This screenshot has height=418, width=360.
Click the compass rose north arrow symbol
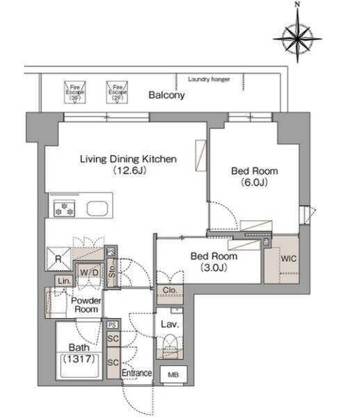pyautogui.click(x=297, y=35)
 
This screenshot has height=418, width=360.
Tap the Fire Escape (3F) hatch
pyautogui.click(x=75, y=92)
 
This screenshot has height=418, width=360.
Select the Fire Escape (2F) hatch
pyautogui.click(x=117, y=92)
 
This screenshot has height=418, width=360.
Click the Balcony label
pyautogui.click(x=167, y=95)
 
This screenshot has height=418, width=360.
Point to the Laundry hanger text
pyautogui.click(x=208, y=79)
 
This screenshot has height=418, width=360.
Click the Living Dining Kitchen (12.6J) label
pyautogui.click(x=129, y=165)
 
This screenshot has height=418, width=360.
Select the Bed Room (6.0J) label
pyautogui.click(x=254, y=176)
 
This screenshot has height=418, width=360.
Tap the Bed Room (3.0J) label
pyautogui.click(x=214, y=262)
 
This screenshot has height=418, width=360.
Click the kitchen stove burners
pyautogui.click(x=64, y=208)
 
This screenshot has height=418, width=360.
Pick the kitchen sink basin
pyautogui.click(x=97, y=208)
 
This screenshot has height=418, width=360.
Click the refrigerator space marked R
pyautogui.click(x=58, y=259)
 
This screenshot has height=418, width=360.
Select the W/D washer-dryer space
pyautogui.click(x=89, y=272)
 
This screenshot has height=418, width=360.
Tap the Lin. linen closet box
pyautogui.click(x=64, y=281)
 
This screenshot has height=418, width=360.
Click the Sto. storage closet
pyautogui.click(x=112, y=272)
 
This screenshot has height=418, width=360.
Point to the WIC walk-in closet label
pyautogui.click(x=288, y=258)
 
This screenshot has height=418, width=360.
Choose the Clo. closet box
pyautogui.click(x=170, y=294)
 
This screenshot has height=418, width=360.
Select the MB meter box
pyautogui.click(x=173, y=374)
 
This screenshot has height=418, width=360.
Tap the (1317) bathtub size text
pyautogui.click(x=79, y=359)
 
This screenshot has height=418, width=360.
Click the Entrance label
pyautogui.click(x=137, y=373)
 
